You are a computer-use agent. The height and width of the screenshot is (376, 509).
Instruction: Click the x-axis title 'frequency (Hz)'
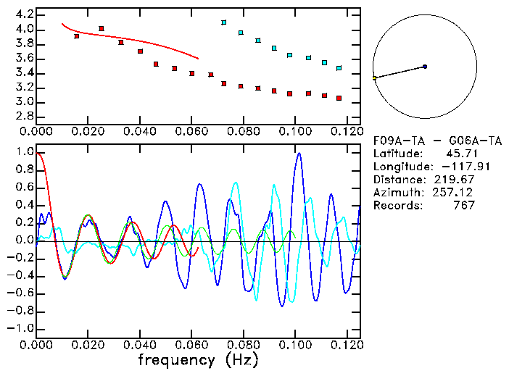click(x=199, y=360)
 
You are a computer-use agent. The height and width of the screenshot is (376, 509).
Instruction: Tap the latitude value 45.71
click(x=460, y=154)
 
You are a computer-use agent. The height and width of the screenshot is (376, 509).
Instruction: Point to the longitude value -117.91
click(x=454, y=167)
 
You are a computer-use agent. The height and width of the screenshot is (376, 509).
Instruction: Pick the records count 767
click(x=463, y=206)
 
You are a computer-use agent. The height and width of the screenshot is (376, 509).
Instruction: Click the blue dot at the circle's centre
click(x=425, y=67)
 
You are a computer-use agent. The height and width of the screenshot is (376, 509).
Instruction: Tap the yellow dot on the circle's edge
click(x=374, y=78)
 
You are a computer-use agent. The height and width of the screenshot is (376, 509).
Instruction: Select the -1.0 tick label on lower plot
click(x=20, y=328)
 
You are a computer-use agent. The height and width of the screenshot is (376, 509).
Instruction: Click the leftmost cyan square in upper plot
click(x=224, y=22)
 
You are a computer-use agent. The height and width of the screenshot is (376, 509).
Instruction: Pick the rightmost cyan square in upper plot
click(x=339, y=68)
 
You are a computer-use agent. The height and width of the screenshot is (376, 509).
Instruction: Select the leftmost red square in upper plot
click(x=77, y=36)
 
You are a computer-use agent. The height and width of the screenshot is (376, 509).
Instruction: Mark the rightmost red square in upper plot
click(x=339, y=98)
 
